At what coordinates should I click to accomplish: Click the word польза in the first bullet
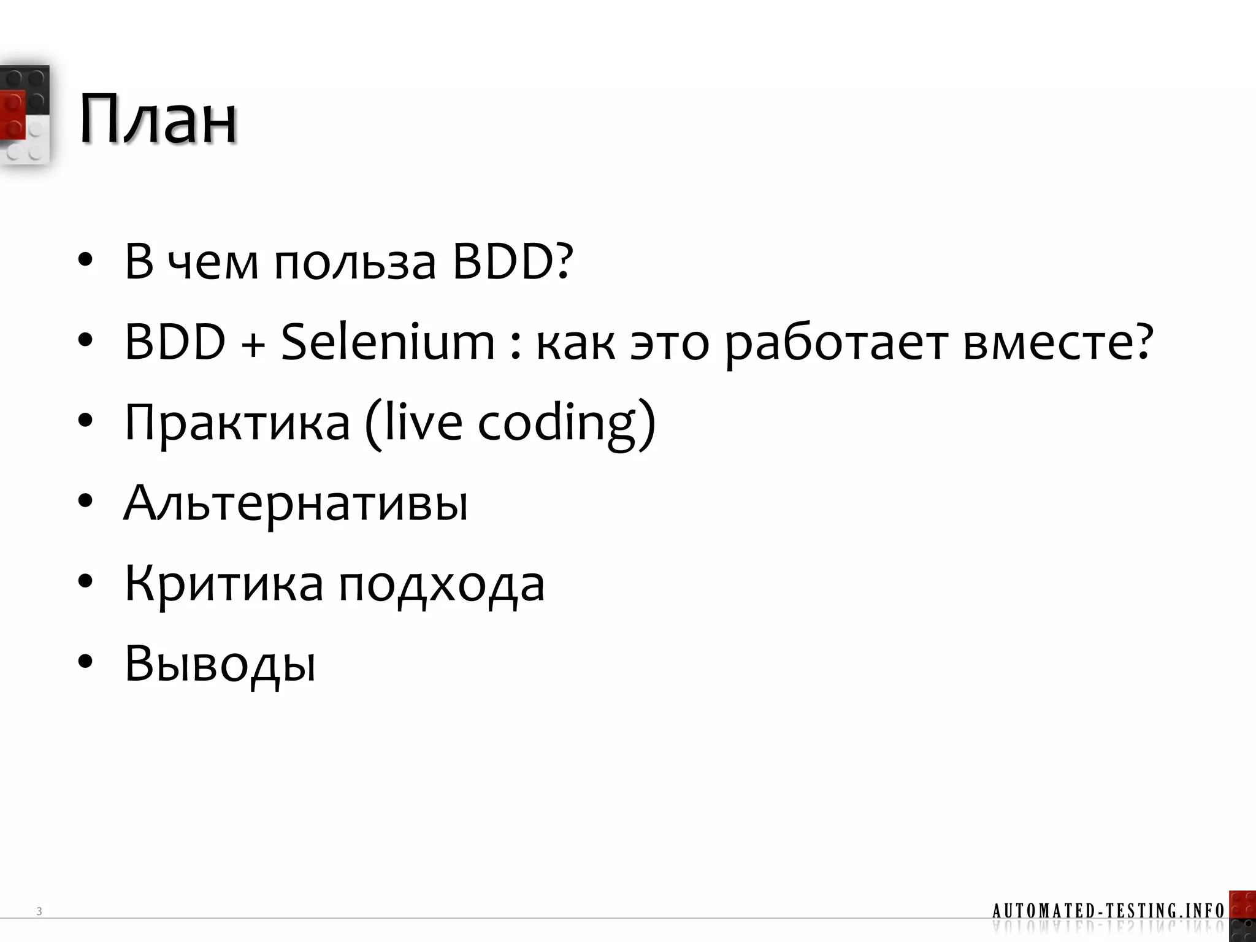pyautogui.click(x=355, y=262)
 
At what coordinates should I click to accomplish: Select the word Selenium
pyautogui.click(x=388, y=342)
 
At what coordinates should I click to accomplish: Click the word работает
pyautogui.click(x=836, y=343)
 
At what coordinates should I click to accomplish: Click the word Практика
pyautogui.click(x=237, y=423)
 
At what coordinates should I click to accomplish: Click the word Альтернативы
pyautogui.click(x=296, y=503)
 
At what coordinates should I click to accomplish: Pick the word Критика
pyautogui.click(x=224, y=583)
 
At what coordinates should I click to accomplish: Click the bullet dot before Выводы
pyautogui.click(x=85, y=662)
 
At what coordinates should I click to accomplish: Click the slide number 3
pyautogui.click(x=39, y=911)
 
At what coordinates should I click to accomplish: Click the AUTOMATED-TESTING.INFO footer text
pyautogui.click(x=1108, y=910)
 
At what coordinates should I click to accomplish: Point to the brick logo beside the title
pyautogui.click(x=25, y=115)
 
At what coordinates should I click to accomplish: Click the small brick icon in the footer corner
pyautogui.click(x=1243, y=916)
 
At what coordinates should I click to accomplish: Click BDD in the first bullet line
pyautogui.click(x=503, y=262)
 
